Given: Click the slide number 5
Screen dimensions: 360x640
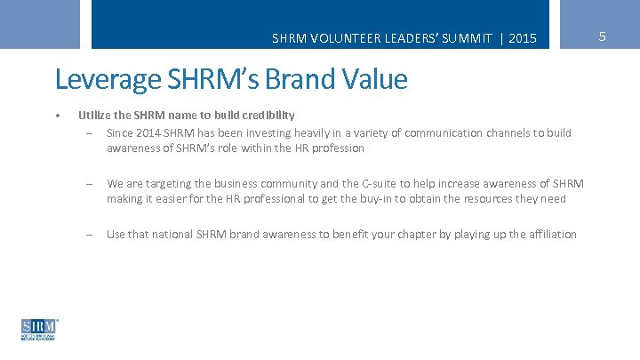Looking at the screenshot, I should (603, 36).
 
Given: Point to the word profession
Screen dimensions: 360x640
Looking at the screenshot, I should (336, 148).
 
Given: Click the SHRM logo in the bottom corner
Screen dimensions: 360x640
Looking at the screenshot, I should (38, 329).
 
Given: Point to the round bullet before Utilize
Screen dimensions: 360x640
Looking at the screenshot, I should (56, 115).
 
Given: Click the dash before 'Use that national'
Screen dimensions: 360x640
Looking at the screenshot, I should (90, 235).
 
